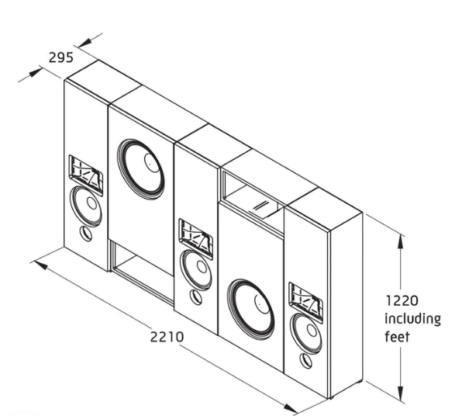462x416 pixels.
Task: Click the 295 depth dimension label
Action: pyautogui.click(x=61, y=57)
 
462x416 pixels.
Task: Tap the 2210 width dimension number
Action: pyautogui.click(x=167, y=337)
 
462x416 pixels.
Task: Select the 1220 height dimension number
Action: pyautogui.click(x=402, y=300)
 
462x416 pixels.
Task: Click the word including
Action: pyautogui.click(x=413, y=320)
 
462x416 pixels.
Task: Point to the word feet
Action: pyautogui.click(x=397, y=337)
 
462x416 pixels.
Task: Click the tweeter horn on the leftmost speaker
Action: pyautogui.click(x=86, y=175)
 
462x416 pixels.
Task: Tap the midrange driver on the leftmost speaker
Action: pyautogui.click(x=86, y=206)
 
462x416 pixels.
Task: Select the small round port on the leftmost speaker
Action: pyautogui.click(x=86, y=234)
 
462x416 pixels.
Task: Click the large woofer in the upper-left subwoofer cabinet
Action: pyautogui.click(x=140, y=169)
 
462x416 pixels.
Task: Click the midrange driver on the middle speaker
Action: pyautogui.click(x=196, y=270)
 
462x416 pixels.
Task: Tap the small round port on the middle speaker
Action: pyautogui.click(x=196, y=297)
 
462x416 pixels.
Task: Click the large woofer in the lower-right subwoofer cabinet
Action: pyautogui.click(x=250, y=309)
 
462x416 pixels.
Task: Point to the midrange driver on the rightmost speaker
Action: pyautogui.click(x=306, y=334)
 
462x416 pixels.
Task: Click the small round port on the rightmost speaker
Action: pyautogui.click(x=305, y=361)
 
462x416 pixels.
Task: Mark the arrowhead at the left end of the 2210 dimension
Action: pyautogui.click(x=40, y=265)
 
